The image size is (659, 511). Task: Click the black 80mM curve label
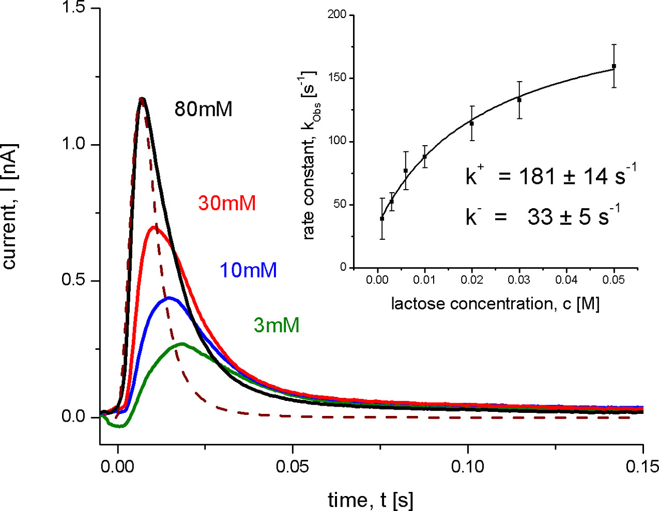tap(203, 109)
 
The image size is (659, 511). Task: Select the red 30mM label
tap(227, 203)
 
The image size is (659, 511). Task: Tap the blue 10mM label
tap(249, 270)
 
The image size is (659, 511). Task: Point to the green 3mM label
tap(277, 325)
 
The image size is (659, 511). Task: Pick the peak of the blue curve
tap(168, 298)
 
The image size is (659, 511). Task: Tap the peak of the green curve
tap(182, 344)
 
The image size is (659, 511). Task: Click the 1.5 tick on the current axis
tap(74, 8)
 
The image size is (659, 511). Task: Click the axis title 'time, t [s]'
tap(371, 500)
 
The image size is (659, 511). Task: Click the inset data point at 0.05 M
tap(614, 66)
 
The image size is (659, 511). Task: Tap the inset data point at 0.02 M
tap(472, 123)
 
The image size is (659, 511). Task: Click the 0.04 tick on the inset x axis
tap(566, 280)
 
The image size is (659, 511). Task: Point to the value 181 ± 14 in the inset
tap(567, 177)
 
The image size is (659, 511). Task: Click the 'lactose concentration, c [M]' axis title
tap(495, 303)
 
